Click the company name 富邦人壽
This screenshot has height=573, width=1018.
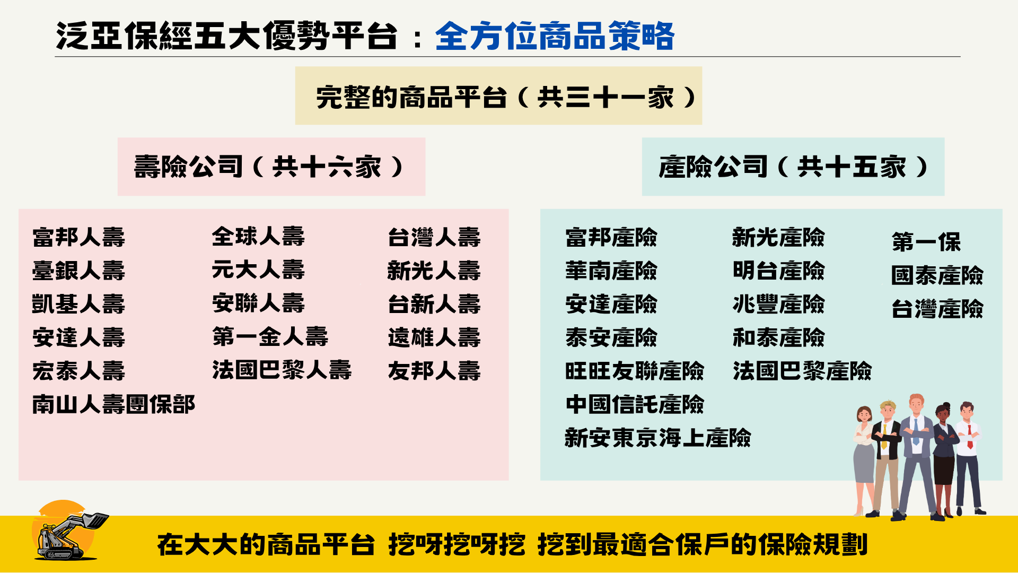[78, 237]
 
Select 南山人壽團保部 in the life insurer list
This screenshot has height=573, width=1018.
[113, 404]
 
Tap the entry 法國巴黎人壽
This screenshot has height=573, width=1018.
[282, 370]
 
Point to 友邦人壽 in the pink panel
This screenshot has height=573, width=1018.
[434, 371]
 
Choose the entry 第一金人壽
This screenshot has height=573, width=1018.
[270, 336]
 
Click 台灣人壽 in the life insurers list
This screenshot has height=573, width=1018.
[434, 237]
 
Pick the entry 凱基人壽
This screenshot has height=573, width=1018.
[78, 304]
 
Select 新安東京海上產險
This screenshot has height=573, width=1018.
[657, 438]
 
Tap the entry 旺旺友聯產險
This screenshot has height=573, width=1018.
[634, 371]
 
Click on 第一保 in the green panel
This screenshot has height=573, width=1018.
[926, 242]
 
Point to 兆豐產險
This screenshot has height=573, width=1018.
[778, 304]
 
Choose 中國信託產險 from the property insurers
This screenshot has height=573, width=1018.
[634, 404]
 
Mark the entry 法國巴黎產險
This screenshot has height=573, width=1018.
[802, 371]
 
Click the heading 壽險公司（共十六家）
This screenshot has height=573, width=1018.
[270, 167]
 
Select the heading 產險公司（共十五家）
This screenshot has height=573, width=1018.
[793, 167]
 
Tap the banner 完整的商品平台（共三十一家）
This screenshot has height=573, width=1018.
[498, 97]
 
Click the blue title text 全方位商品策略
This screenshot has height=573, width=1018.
[555, 36]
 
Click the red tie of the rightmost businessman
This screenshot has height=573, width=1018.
[970, 437]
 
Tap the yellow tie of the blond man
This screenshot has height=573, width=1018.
[884, 436]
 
